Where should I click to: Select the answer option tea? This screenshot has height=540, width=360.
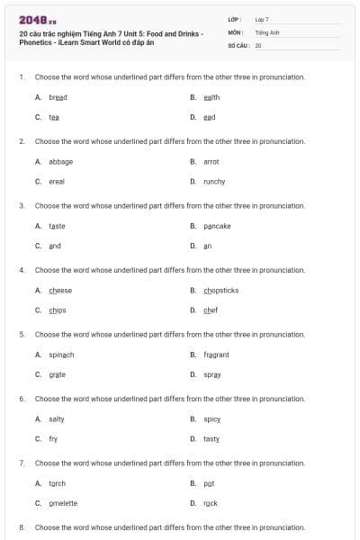[x=54, y=117]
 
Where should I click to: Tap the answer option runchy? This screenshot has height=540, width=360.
[x=214, y=181]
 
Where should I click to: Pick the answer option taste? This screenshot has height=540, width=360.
[x=57, y=226]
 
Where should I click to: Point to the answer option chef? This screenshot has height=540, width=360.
[x=211, y=310]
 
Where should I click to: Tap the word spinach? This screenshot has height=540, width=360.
[x=61, y=355]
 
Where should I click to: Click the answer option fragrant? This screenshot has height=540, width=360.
[x=216, y=355]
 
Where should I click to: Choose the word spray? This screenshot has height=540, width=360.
[x=212, y=374]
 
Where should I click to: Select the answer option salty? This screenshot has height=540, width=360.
[x=57, y=419]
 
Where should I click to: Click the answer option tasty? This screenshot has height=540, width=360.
[x=211, y=439]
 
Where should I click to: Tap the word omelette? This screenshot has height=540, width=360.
[x=63, y=503]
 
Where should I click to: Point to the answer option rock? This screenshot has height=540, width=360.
[x=211, y=503]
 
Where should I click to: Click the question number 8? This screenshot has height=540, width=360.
[x=22, y=526]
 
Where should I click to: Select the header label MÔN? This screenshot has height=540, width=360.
[x=237, y=31]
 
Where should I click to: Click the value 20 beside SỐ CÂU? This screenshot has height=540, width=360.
[x=258, y=44]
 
